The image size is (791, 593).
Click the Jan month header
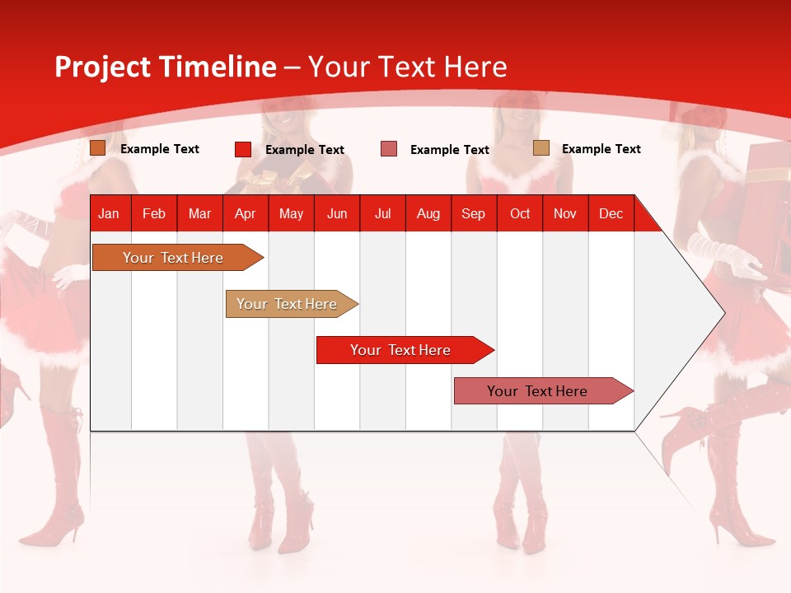click(x=109, y=213)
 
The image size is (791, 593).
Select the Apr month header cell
click(x=246, y=213)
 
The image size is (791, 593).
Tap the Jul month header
click(x=382, y=213)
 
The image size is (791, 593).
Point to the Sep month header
click(x=473, y=213)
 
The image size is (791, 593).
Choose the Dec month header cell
click(x=611, y=213)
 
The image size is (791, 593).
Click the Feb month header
click(x=154, y=213)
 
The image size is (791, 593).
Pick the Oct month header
click(x=520, y=213)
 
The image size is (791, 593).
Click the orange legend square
click(x=97, y=148)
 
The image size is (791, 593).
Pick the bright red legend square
click(x=242, y=149)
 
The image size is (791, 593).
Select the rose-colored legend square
click(x=389, y=149)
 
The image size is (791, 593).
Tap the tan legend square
click(x=541, y=148)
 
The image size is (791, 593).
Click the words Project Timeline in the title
click(x=166, y=67)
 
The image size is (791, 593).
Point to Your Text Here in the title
click(x=407, y=67)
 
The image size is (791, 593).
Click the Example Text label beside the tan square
click(x=601, y=149)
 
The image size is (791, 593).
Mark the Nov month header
click(x=565, y=213)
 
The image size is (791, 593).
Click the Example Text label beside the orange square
click(x=160, y=149)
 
